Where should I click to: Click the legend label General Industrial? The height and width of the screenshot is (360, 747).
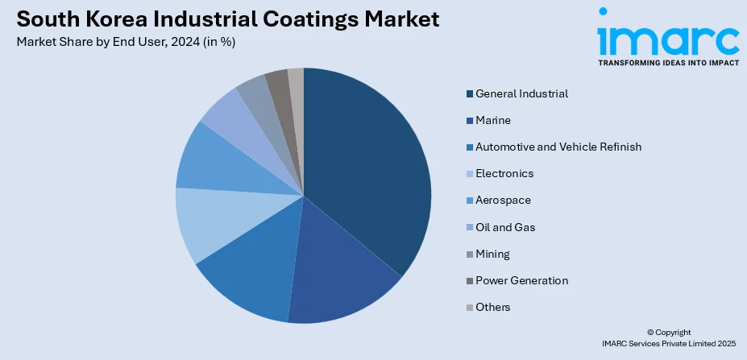(521, 93)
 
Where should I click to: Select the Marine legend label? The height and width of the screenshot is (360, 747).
(493, 120)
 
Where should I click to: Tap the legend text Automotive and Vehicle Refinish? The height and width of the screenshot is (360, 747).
(558, 147)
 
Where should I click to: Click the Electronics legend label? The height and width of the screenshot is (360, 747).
(504, 173)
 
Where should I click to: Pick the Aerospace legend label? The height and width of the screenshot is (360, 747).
(503, 200)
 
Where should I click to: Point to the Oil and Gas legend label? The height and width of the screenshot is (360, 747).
(505, 227)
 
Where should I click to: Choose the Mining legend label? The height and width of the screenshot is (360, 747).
(492, 254)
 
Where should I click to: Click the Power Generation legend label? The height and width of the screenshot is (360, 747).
(521, 280)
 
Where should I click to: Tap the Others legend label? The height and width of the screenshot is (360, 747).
(492, 307)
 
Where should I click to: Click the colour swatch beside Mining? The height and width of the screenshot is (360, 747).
(469, 254)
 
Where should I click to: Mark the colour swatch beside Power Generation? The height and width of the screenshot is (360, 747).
(469, 280)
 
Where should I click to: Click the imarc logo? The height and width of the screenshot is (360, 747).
(667, 36)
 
